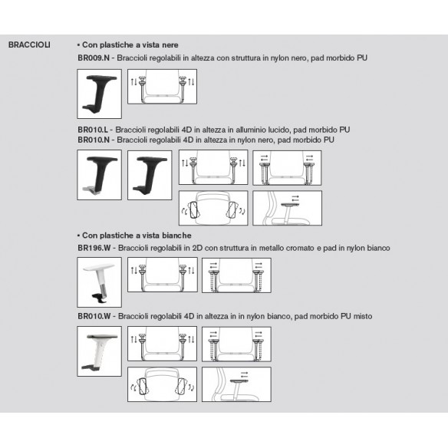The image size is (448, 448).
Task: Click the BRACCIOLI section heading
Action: (x=29, y=44)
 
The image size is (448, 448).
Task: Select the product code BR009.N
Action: (x=94, y=58)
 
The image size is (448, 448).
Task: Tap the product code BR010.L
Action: (x=93, y=130)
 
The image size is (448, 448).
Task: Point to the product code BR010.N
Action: (x=94, y=140)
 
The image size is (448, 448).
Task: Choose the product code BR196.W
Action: (x=94, y=248)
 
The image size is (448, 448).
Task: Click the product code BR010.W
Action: (x=94, y=316)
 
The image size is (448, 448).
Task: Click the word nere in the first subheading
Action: (x=170, y=44)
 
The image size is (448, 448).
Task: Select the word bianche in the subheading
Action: (x=176, y=236)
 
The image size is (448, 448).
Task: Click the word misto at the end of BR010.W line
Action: (x=363, y=316)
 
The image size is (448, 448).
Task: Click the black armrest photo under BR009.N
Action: (x=100, y=94)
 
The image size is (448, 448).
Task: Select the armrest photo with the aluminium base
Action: (x=100, y=175)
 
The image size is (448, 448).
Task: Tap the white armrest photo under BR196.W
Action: (x=100, y=282)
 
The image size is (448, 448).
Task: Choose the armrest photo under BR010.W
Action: (x=100, y=351)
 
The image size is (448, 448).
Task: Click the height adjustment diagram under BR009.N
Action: (x=163, y=87)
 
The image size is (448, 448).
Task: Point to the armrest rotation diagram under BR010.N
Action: (x=213, y=209)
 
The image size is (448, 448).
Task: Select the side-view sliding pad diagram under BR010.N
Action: (x=288, y=209)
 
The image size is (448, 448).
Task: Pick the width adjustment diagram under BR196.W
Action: (x=236, y=275)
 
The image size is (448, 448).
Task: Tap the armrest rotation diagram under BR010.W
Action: (x=163, y=384)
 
